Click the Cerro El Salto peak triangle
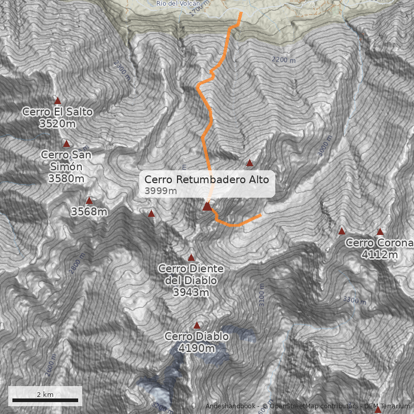[x=57, y=101]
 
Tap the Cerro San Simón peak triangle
[x=66, y=143]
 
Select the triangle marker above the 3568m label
[x=89, y=200]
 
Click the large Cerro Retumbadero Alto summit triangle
[x=207, y=206]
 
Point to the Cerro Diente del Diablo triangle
[x=191, y=257]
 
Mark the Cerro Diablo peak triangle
[x=197, y=326]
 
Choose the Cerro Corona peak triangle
[x=380, y=231]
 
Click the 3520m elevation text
[x=57, y=124]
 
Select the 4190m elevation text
[x=196, y=349]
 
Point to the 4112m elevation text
[x=379, y=255]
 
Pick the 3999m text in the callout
[x=160, y=191]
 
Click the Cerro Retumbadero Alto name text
[x=206, y=180]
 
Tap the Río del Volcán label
[x=178, y=3]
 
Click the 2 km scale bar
[x=45, y=400]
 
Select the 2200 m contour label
[x=284, y=60]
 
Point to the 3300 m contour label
[x=354, y=300]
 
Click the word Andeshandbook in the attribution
[x=230, y=406]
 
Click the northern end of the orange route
[x=241, y=13]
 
